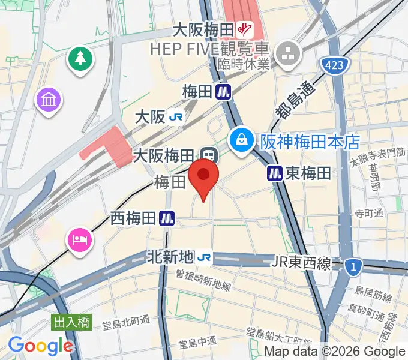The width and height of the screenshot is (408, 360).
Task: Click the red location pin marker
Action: [x=203, y=177]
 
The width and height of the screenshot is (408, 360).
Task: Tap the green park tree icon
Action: [x=79, y=58]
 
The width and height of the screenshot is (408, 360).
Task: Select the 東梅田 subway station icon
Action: [x=275, y=173]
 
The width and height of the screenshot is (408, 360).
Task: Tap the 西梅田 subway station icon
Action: [x=167, y=219]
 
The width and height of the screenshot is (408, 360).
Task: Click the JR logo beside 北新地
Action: [x=205, y=257]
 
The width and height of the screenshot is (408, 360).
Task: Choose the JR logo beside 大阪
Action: [x=176, y=116]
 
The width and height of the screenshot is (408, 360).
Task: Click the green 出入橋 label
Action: [x=71, y=322]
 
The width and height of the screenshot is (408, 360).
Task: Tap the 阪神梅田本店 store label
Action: [x=310, y=142]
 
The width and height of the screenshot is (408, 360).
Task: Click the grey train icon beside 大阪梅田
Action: [x=209, y=155]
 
